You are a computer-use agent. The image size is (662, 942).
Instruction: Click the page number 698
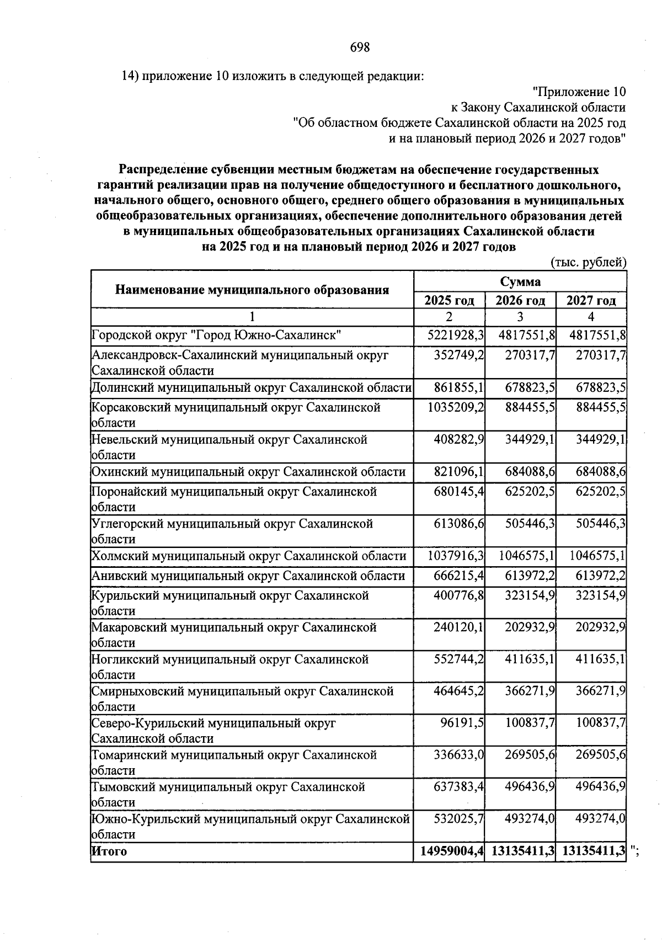360,47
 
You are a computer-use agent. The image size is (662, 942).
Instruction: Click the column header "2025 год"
449,301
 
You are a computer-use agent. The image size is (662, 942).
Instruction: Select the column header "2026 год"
520,301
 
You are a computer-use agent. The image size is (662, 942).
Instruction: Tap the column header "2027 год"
591,301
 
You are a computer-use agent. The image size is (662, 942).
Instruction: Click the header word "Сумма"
520,282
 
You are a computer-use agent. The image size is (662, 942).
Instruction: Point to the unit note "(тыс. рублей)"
589,263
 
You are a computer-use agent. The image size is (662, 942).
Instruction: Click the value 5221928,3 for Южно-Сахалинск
456,336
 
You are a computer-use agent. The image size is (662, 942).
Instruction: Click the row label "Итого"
109,851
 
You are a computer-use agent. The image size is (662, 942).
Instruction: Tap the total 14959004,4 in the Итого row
452,851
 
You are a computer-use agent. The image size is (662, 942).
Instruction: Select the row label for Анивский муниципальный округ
248,576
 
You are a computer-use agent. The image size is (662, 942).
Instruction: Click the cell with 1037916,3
455,556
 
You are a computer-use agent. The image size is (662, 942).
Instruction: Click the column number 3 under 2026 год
520,317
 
